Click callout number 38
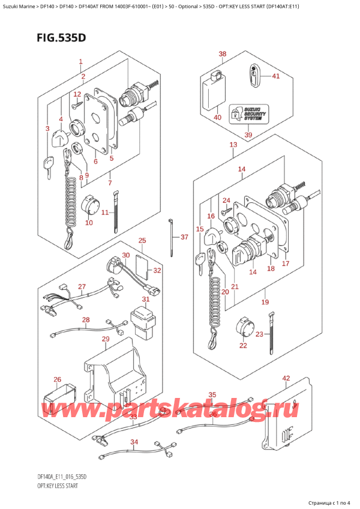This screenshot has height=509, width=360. coord(223,55)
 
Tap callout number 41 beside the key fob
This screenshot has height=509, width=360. coord(275,76)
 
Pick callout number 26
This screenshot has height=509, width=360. coord(58,379)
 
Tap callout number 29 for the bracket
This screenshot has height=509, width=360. coord(106,340)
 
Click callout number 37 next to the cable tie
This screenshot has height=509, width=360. coord(184,237)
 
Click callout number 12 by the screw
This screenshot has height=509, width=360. coord(77,94)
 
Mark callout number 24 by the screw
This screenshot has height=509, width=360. coord(226,200)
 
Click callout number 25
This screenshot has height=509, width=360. coord(142,241)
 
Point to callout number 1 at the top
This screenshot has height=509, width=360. coord(80,62)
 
